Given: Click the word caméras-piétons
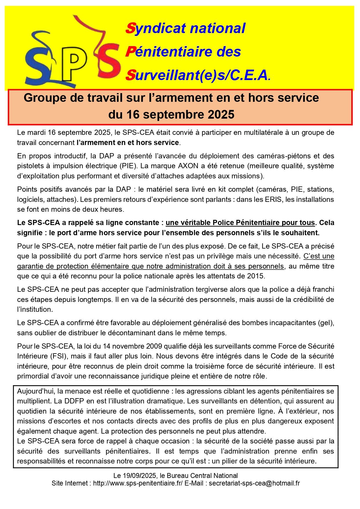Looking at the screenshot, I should tap(280, 156).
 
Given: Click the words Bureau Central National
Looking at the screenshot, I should tap(207, 476).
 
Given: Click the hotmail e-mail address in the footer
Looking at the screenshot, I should tap(254, 483).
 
